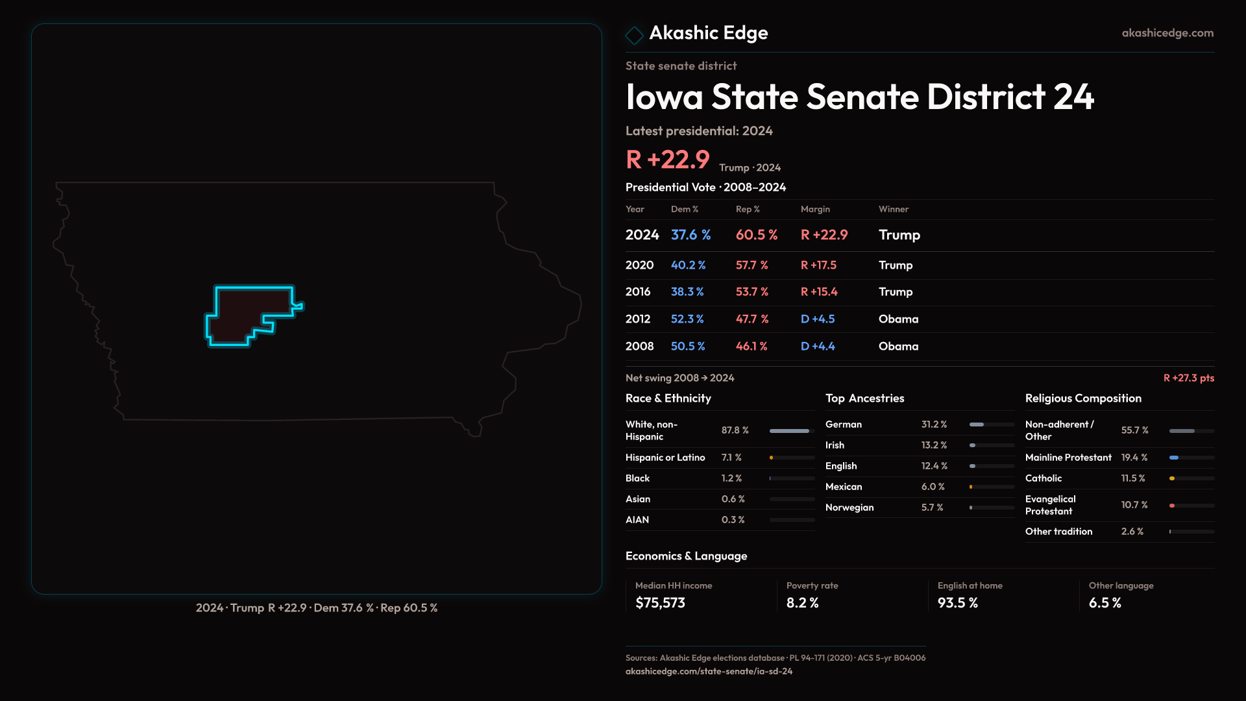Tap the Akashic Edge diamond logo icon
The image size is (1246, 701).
pyautogui.click(x=634, y=34)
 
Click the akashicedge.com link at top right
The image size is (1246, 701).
pyautogui.click(x=1167, y=33)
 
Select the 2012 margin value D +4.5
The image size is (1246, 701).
pyautogui.click(x=818, y=319)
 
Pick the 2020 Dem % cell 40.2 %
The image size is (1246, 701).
pyautogui.click(x=688, y=265)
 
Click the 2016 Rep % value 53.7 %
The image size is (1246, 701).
pyautogui.click(x=751, y=292)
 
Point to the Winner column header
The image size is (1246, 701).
pyautogui.click(x=893, y=209)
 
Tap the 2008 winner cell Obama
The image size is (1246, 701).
pyautogui.click(x=898, y=347)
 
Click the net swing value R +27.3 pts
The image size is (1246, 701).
pyautogui.click(x=1188, y=378)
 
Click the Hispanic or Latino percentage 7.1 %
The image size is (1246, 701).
pyautogui.click(x=731, y=458)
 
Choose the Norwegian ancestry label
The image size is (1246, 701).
pyautogui.click(x=849, y=508)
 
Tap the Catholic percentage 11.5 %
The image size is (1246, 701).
pyautogui.click(x=1133, y=478)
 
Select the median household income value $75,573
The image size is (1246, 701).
pyautogui.click(x=660, y=603)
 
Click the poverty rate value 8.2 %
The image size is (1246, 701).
pyautogui.click(x=802, y=603)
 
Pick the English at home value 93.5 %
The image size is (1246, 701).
pyautogui.click(x=957, y=603)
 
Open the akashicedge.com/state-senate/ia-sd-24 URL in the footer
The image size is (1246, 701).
pyautogui.click(x=709, y=671)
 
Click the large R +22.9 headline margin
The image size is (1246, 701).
pyautogui.click(x=667, y=160)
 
